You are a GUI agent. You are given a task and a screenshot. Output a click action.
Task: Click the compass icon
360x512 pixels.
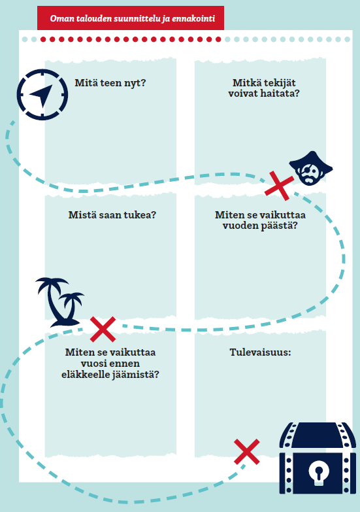point(42,94)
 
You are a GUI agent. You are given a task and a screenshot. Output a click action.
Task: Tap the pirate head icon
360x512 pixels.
point(311,168)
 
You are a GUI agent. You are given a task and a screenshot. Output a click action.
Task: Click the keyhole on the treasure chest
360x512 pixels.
point(319,472)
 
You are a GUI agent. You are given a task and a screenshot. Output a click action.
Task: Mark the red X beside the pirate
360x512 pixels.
point(279,186)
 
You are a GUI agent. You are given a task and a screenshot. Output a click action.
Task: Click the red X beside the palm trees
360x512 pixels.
point(103,329)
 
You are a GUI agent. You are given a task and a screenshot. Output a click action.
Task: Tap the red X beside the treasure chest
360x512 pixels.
point(247,452)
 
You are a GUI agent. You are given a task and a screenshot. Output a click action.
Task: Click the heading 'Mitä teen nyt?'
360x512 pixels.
point(110,83)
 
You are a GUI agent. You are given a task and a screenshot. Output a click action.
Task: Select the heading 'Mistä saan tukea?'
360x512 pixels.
point(112,215)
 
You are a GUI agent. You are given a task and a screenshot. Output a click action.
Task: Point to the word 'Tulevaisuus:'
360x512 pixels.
point(260,352)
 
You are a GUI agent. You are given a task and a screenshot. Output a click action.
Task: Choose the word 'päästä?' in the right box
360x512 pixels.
point(279,226)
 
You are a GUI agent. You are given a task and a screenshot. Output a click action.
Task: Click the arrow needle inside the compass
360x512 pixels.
point(41,95)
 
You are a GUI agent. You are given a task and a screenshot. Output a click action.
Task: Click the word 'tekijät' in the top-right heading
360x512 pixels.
point(280,83)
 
